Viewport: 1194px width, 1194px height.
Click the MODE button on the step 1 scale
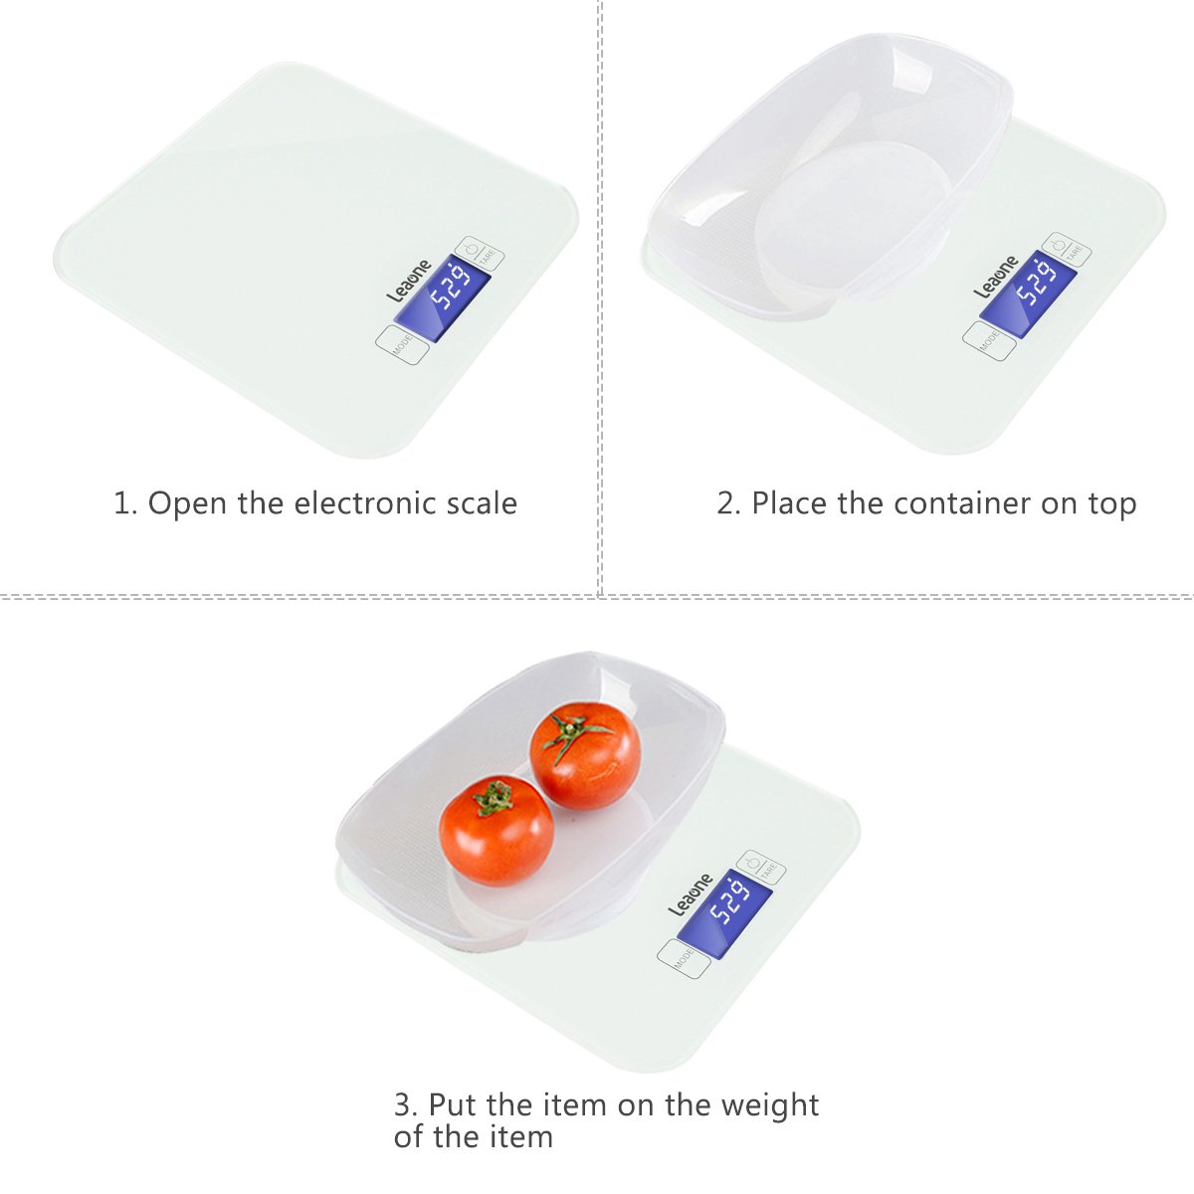(x=402, y=344)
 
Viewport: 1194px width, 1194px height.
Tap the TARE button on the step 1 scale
(x=479, y=255)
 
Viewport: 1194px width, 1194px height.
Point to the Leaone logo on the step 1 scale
(x=409, y=280)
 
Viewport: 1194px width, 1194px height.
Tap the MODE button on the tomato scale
(x=684, y=959)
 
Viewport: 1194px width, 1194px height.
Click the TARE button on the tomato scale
(x=761, y=869)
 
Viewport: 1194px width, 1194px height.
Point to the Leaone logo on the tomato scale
(x=691, y=895)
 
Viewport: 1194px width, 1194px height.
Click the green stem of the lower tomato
(x=495, y=796)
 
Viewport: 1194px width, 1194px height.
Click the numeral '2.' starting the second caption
(x=728, y=503)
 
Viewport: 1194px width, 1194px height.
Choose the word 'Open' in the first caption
(x=187, y=504)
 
